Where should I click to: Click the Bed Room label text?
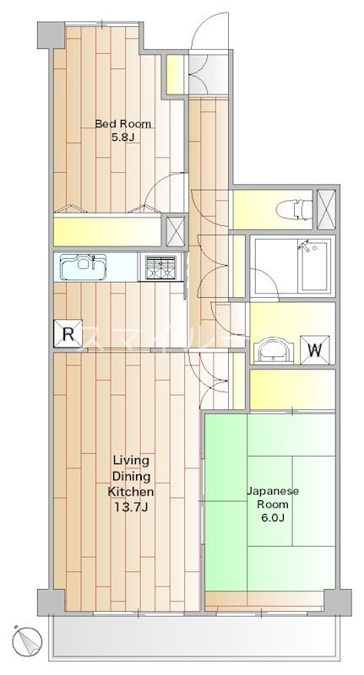click(x=123, y=124)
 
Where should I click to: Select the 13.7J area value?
click(x=130, y=506)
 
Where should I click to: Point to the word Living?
click(x=131, y=460)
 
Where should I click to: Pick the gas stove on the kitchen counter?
click(x=160, y=267)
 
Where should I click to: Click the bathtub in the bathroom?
click(x=291, y=266)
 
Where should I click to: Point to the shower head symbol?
click(x=306, y=246)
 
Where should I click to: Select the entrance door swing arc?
click(x=207, y=34)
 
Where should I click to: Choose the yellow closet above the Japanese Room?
click(x=292, y=388)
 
